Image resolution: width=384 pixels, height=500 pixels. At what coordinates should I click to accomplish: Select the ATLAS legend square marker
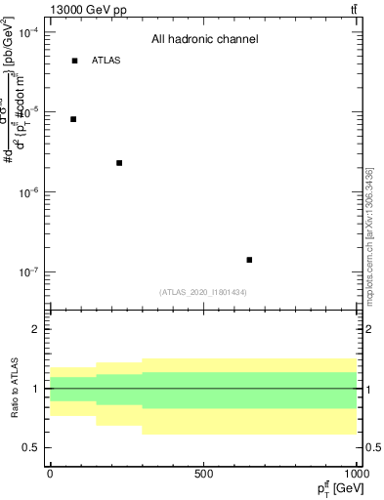(x=74, y=61)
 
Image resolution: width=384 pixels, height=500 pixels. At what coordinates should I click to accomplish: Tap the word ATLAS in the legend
(x=106, y=61)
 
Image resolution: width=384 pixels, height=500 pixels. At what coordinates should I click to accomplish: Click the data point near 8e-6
(x=73, y=119)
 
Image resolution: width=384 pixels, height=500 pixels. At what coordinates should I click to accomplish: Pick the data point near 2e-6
(x=119, y=163)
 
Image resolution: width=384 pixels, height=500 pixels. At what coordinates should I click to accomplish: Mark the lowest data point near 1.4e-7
(x=249, y=260)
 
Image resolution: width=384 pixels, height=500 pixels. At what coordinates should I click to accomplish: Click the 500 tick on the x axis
(x=203, y=474)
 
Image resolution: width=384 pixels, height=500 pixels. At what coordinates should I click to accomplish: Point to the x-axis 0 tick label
(x=50, y=474)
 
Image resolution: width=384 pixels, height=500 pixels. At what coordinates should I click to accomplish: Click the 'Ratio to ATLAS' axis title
(x=13, y=388)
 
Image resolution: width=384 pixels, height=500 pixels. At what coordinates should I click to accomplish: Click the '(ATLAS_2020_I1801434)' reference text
(x=203, y=292)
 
